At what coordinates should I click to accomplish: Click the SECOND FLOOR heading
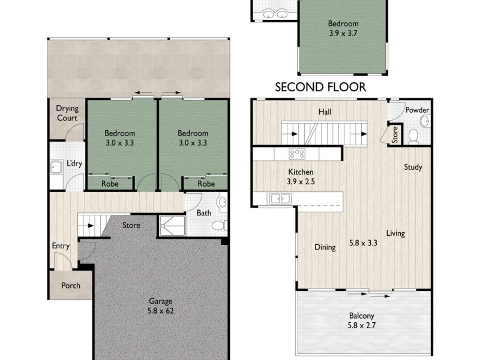click(x=320, y=87)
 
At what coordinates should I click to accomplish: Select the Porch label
click(x=71, y=286)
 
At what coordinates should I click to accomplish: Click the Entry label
click(x=61, y=246)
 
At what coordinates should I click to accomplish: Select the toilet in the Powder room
click(x=413, y=136)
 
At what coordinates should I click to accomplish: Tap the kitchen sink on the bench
click(x=278, y=198)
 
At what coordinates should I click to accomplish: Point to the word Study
click(x=413, y=167)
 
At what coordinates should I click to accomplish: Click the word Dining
click(x=325, y=247)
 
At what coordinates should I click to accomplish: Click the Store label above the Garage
click(x=131, y=226)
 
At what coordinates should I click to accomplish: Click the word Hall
click(x=325, y=112)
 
